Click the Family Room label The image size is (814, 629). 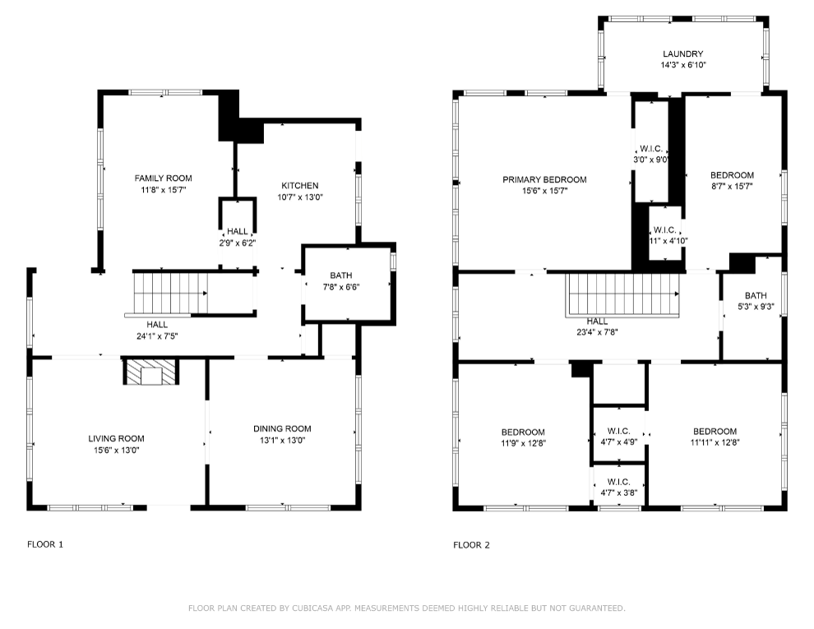click(x=163, y=178)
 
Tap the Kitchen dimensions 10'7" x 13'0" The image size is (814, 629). click(x=300, y=197)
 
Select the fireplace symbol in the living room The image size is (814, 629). click(x=151, y=372)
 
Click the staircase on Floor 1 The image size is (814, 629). click(x=170, y=294)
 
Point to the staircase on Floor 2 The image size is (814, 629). click(x=623, y=294)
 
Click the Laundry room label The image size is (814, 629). click(x=682, y=54)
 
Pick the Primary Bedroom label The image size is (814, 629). click(x=544, y=179)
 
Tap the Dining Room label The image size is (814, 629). click(x=282, y=428)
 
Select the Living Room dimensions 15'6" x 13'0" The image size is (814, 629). click(x=116, y=450)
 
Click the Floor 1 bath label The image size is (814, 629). click(x=341, y=275)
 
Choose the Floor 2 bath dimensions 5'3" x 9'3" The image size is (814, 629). click(x=756, y=307)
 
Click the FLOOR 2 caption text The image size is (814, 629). click(x=471, y=545)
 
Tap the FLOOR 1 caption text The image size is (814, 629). click(x=45, y=544)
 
